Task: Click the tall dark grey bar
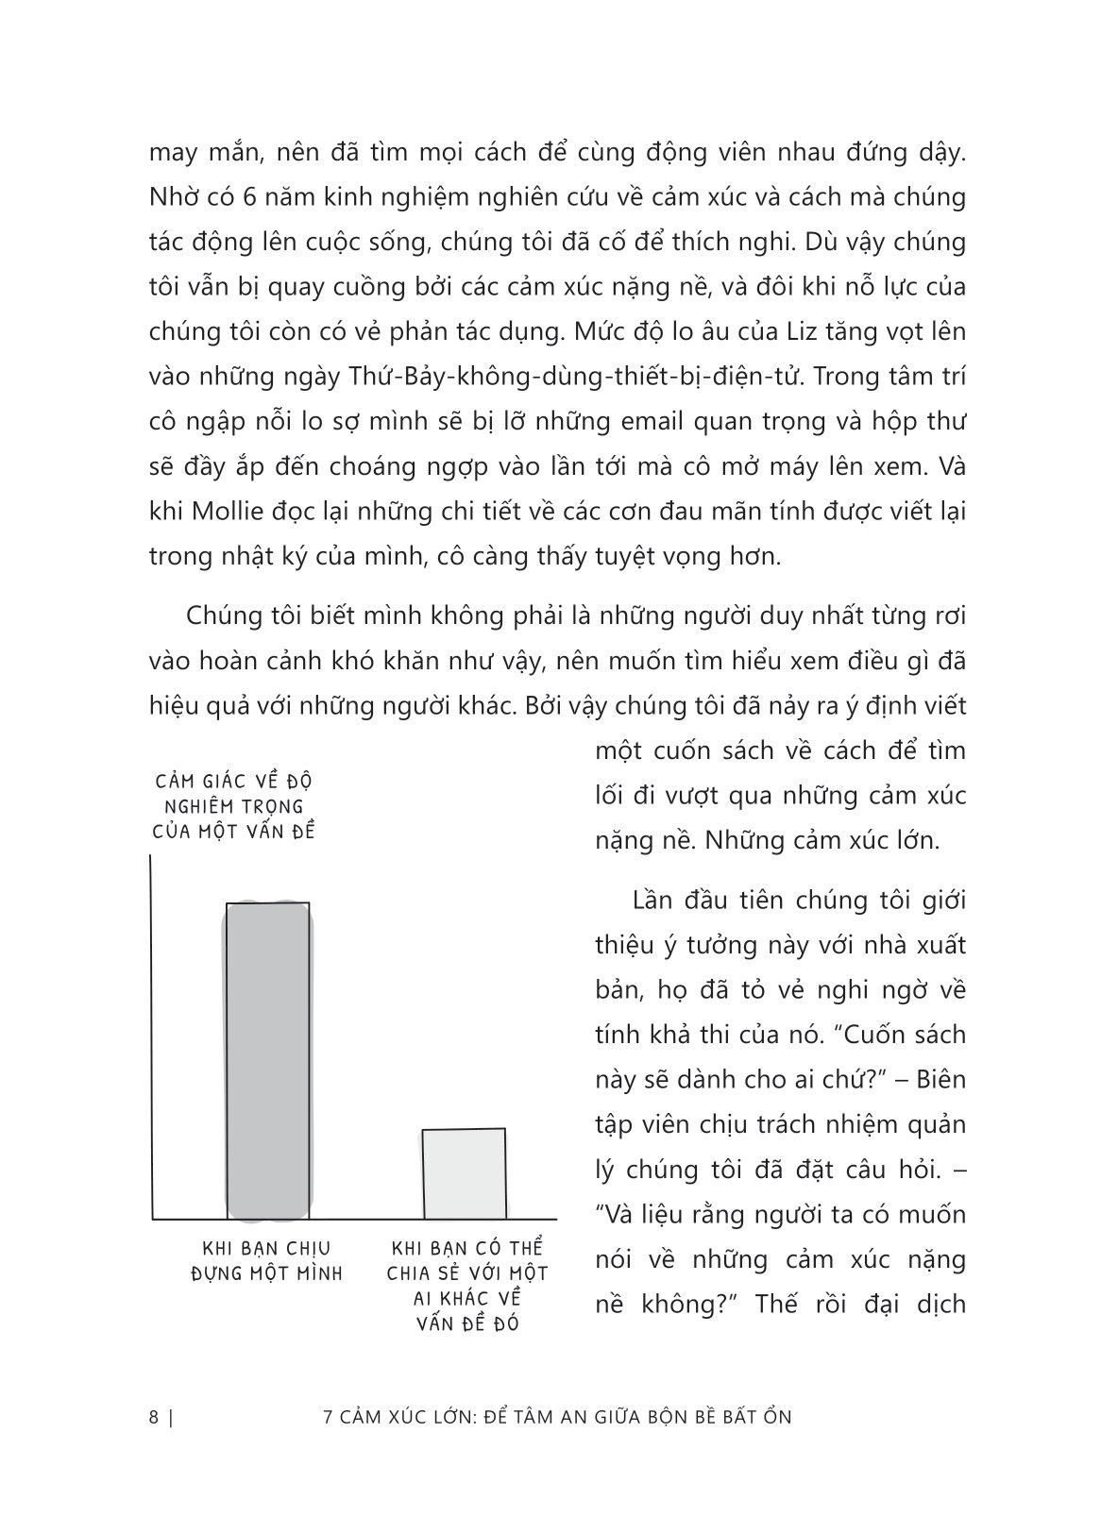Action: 267,1059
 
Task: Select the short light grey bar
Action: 464,1173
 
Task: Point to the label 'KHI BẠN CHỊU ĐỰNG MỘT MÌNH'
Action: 266,1261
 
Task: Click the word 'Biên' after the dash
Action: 941,1078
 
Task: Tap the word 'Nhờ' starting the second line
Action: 172,196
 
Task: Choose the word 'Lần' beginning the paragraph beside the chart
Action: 653,899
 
